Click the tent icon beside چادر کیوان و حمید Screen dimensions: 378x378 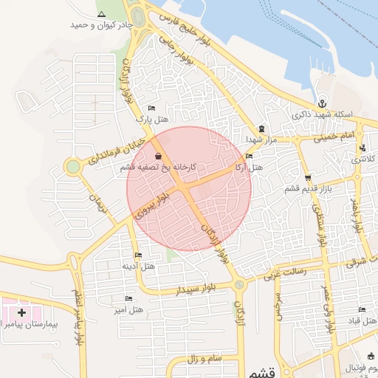click(x=101, y=15)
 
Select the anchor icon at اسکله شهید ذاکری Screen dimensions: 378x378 click(x=322, y=103)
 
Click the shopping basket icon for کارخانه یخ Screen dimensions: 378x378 click(x=159, y=157)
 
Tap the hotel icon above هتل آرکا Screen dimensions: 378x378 click(x=249, y=157)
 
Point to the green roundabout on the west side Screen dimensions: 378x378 click(x=72, y=167)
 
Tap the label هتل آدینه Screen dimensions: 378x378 click(x=138, y=266)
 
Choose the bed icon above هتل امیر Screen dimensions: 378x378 click(x=128, y=298)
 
